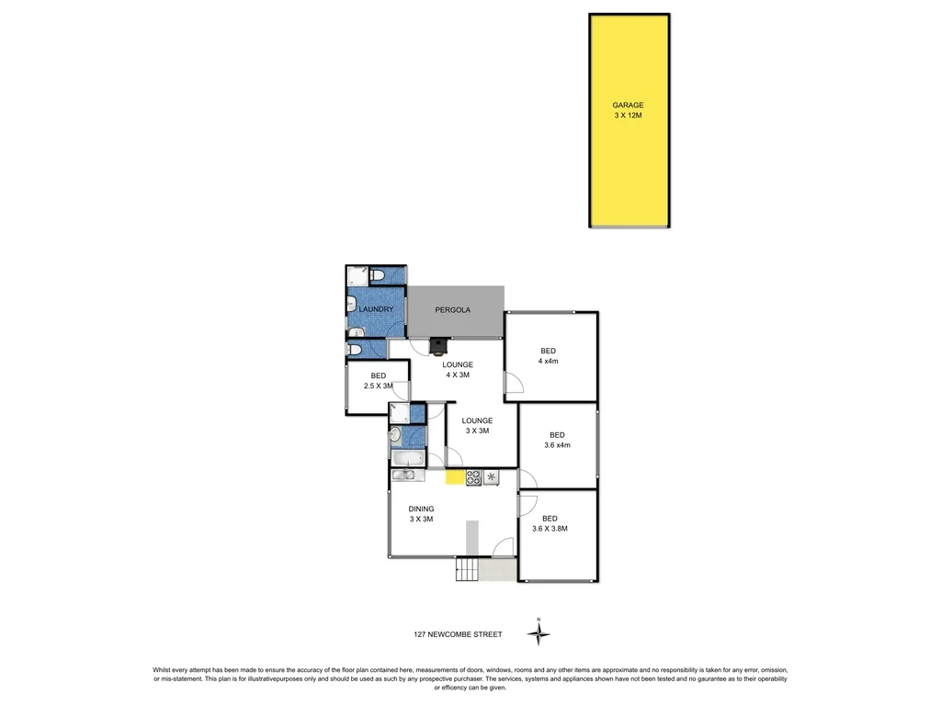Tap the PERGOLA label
(453, 310)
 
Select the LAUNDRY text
(376, 309)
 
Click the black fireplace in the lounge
(440, 346)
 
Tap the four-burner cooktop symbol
(474, 476)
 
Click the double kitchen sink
(405, 476)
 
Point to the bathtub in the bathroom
(407, 458)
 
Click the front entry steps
(467, 570)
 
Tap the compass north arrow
(539, 632)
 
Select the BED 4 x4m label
(549, 356)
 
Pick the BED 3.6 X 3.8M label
(550, 523)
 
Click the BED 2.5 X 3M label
(378, 381)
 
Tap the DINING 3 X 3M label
(421, 514)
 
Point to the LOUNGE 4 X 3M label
(457, 370)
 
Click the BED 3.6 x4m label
(556, 440)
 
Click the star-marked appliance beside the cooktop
(491, 476)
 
